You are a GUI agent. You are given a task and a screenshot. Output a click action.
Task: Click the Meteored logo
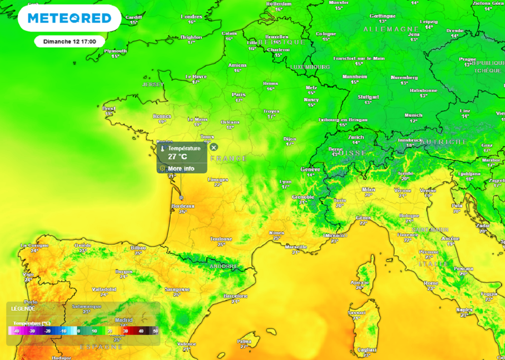tap(69, 18)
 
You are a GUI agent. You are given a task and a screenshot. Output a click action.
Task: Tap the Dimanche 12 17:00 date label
tap(70, 41)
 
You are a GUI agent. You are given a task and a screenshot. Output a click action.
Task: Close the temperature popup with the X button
tap(214, 147)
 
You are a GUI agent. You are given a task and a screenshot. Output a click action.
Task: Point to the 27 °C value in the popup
tap(178, 157)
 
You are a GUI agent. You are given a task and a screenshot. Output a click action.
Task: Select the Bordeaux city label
tap(182, 206)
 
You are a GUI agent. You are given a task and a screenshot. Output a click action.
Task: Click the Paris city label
tap(239, 94)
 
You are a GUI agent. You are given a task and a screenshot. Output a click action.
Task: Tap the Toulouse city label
tap(221, 239)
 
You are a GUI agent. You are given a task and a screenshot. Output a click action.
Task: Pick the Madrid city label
tap(124, 320)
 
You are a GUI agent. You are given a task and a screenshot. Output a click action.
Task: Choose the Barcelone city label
tap(235, 295)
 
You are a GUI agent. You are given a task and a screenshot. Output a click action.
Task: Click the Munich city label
tap(413, 115)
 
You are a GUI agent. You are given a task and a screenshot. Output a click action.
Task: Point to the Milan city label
tap(368, 189)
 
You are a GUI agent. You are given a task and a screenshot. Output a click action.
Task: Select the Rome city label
tap(431, 283)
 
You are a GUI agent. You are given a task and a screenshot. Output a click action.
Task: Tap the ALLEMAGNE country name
tap(391, 30)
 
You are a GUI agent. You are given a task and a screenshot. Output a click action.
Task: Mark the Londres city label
tap(191, 17)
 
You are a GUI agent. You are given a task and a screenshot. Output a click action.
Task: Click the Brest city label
tap(108, 108)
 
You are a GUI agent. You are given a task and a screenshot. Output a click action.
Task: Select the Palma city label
tap(244, 341)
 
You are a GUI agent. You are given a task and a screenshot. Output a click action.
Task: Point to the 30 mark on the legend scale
tap(125, 331)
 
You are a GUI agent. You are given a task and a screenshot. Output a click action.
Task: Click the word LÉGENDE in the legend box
tap(23, 308)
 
